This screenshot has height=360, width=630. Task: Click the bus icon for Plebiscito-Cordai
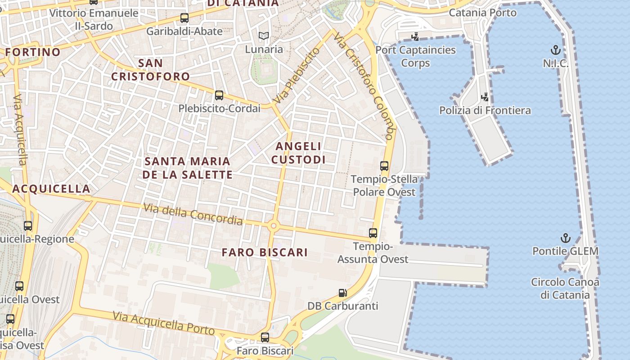coord(219,95)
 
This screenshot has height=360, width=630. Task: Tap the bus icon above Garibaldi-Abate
coord(184,18)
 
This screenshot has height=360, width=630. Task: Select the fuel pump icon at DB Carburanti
coord(343,293)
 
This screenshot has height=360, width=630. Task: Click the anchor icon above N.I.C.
coord(556,49)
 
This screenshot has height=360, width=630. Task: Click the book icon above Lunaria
coord(264,36)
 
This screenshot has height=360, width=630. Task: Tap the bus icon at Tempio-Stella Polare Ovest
coord(384,166)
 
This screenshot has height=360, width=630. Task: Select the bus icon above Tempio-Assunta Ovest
coord(373,233)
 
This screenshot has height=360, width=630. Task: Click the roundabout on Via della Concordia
coord(273,226)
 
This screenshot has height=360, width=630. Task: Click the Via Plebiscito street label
coord(297,76)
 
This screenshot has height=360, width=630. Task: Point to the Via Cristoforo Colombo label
coord(364,85)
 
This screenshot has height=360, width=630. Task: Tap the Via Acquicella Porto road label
coord(164,323)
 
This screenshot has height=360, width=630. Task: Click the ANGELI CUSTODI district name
coord(298,153)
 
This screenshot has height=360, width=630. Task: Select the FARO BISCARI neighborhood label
coord(265,252)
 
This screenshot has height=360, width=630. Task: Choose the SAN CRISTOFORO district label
coord(150,70)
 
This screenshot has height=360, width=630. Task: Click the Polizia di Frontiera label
coord(485,110)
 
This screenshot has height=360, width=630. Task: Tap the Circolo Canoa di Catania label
coord(565,288)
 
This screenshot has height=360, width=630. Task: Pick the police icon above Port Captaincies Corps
coord(415,36)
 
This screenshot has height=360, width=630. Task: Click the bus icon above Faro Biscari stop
coord(265,337)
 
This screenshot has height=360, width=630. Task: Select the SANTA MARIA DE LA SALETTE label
coord(187,168)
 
